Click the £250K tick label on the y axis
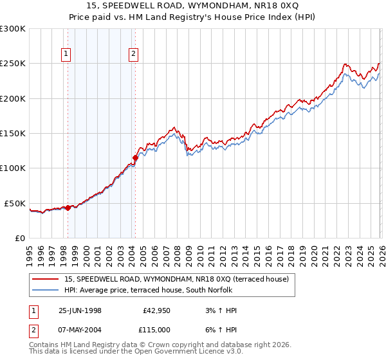[13, 64]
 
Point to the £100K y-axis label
[13, 168]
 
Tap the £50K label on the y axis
[15, 203]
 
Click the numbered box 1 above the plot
[68, 55]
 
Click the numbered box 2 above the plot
[133, 55]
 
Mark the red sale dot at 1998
[68, 208]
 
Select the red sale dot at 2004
[135, 157]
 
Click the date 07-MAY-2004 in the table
[80, 329]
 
